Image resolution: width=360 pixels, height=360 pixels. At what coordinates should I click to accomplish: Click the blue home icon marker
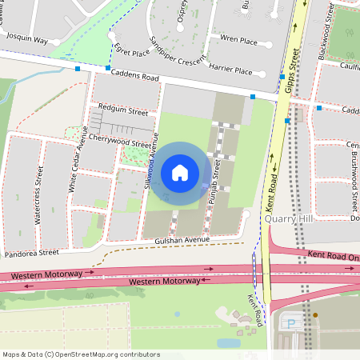[x=180, y=172]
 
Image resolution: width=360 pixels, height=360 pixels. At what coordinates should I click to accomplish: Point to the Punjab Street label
[x=214, y=182]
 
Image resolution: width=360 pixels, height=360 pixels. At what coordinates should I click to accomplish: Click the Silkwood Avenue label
[x=150, y=170]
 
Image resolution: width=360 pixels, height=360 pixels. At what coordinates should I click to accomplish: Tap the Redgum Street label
[x=122, y=106]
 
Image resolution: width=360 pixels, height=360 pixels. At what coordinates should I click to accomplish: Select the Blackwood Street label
[x=325, y=34]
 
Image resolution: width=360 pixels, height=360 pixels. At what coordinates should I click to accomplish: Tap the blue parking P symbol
[x=290, y=324]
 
